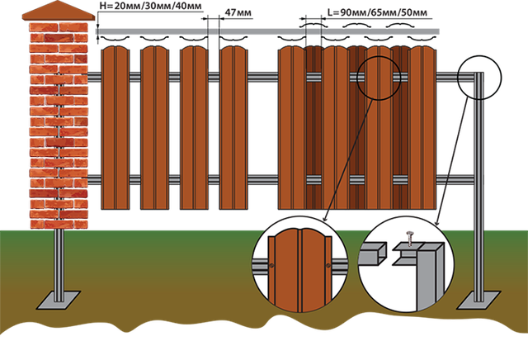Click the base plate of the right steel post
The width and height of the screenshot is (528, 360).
478,297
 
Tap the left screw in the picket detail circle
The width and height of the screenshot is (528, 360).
269,265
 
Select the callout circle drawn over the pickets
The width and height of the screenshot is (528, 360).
379,78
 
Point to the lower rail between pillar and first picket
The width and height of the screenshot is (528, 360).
95,179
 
